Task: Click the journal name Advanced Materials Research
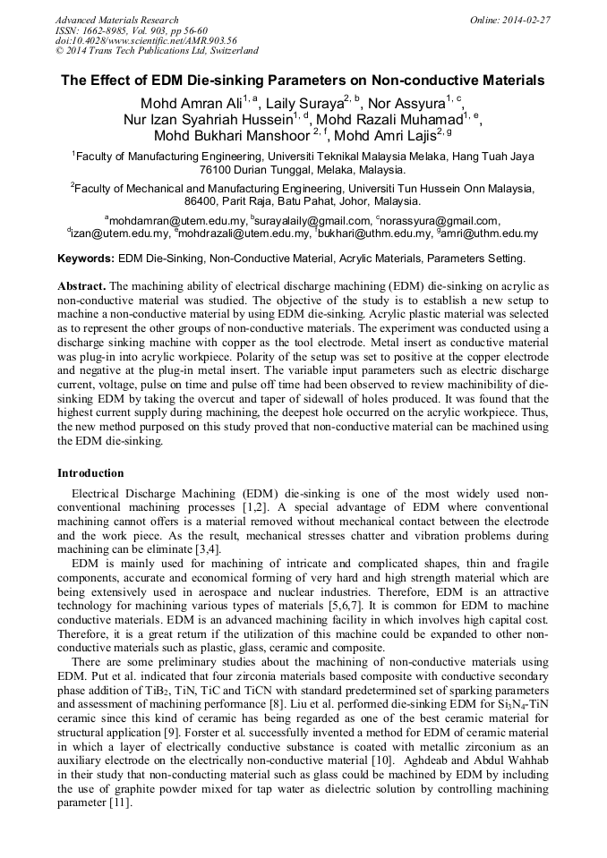point(116,20)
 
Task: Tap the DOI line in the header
point(146,40)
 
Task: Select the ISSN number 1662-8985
point(105,30)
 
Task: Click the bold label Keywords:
point(86,259)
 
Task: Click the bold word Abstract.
point(81,285)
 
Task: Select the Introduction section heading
point(90,473)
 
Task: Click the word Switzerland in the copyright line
point(227,51)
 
